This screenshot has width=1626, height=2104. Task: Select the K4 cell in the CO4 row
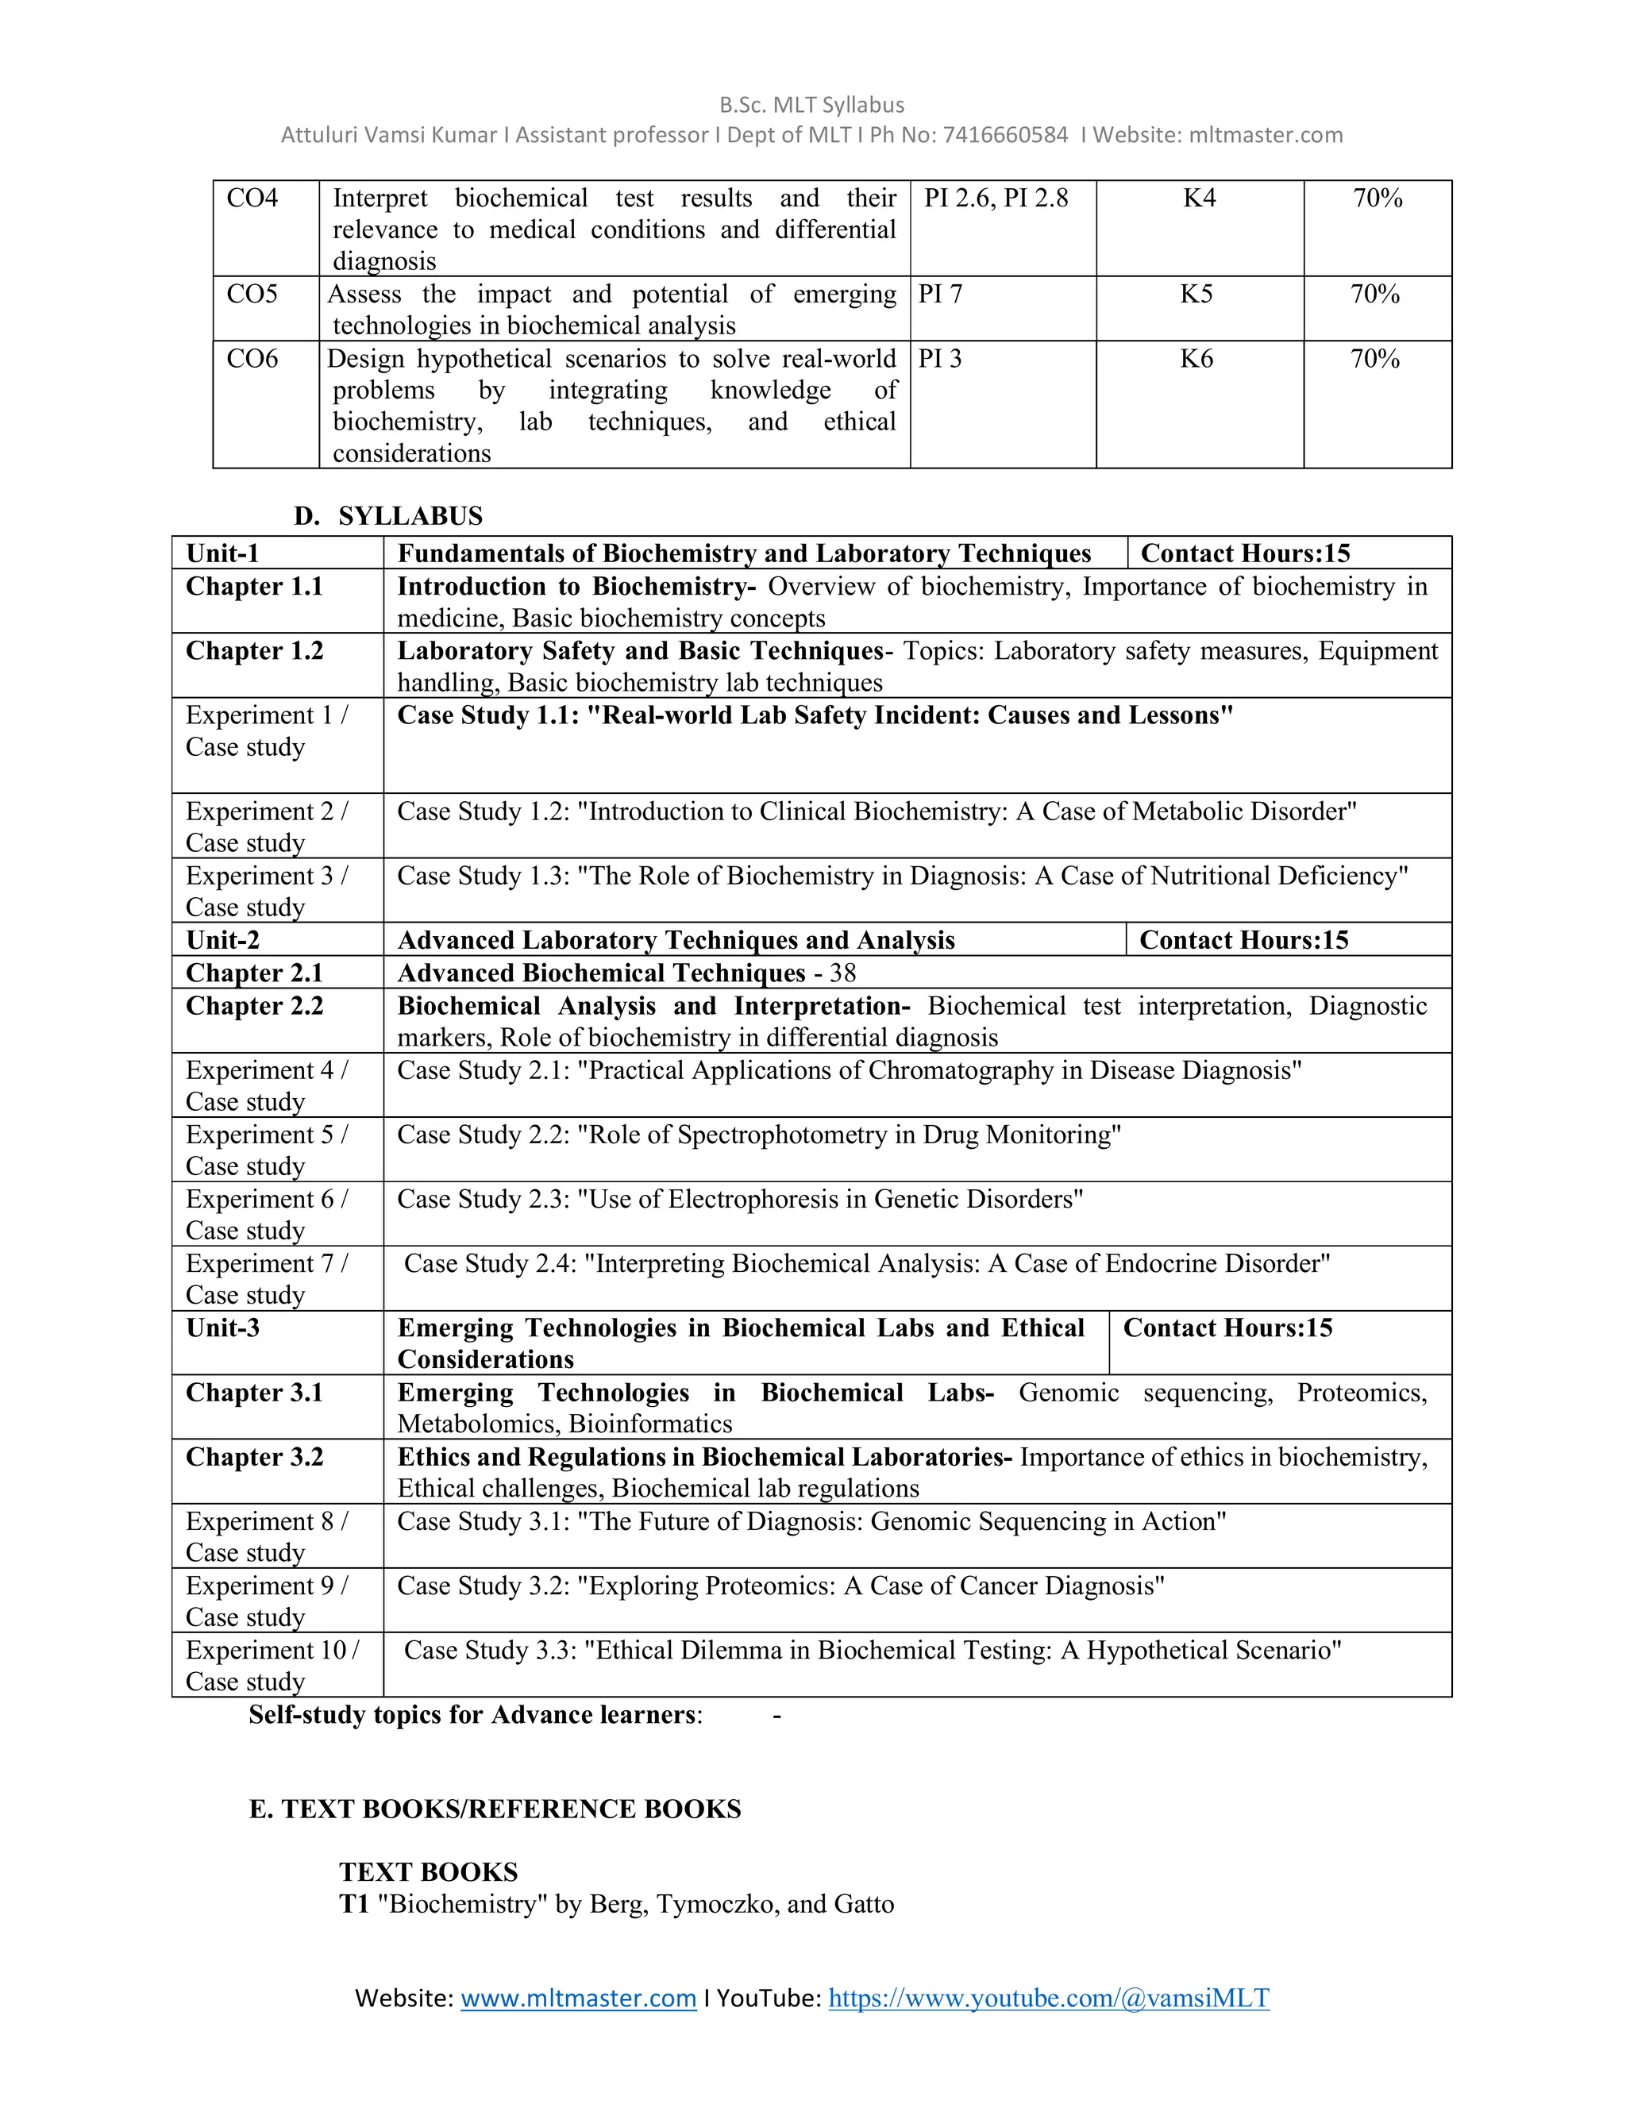[1200, 198]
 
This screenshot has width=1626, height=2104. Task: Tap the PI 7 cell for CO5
[940, 295]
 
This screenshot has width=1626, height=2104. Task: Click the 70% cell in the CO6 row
[1374, 360]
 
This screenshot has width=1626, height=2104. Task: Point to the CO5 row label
[252, 295]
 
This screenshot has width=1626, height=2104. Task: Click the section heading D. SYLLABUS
[388, 516]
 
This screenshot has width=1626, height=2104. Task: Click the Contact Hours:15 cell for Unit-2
[1243, 940]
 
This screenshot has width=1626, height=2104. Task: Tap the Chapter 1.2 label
[254, 651]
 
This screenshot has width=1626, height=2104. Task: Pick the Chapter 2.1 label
[254, 973]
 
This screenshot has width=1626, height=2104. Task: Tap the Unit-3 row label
[222, 1328]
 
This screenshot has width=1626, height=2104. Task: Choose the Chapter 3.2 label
[254, 1458]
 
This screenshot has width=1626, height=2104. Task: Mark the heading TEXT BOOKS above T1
[429, 1872]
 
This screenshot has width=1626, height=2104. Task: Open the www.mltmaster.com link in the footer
[578, 1998]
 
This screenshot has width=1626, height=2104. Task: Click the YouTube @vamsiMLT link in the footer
[1048, 1998]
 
